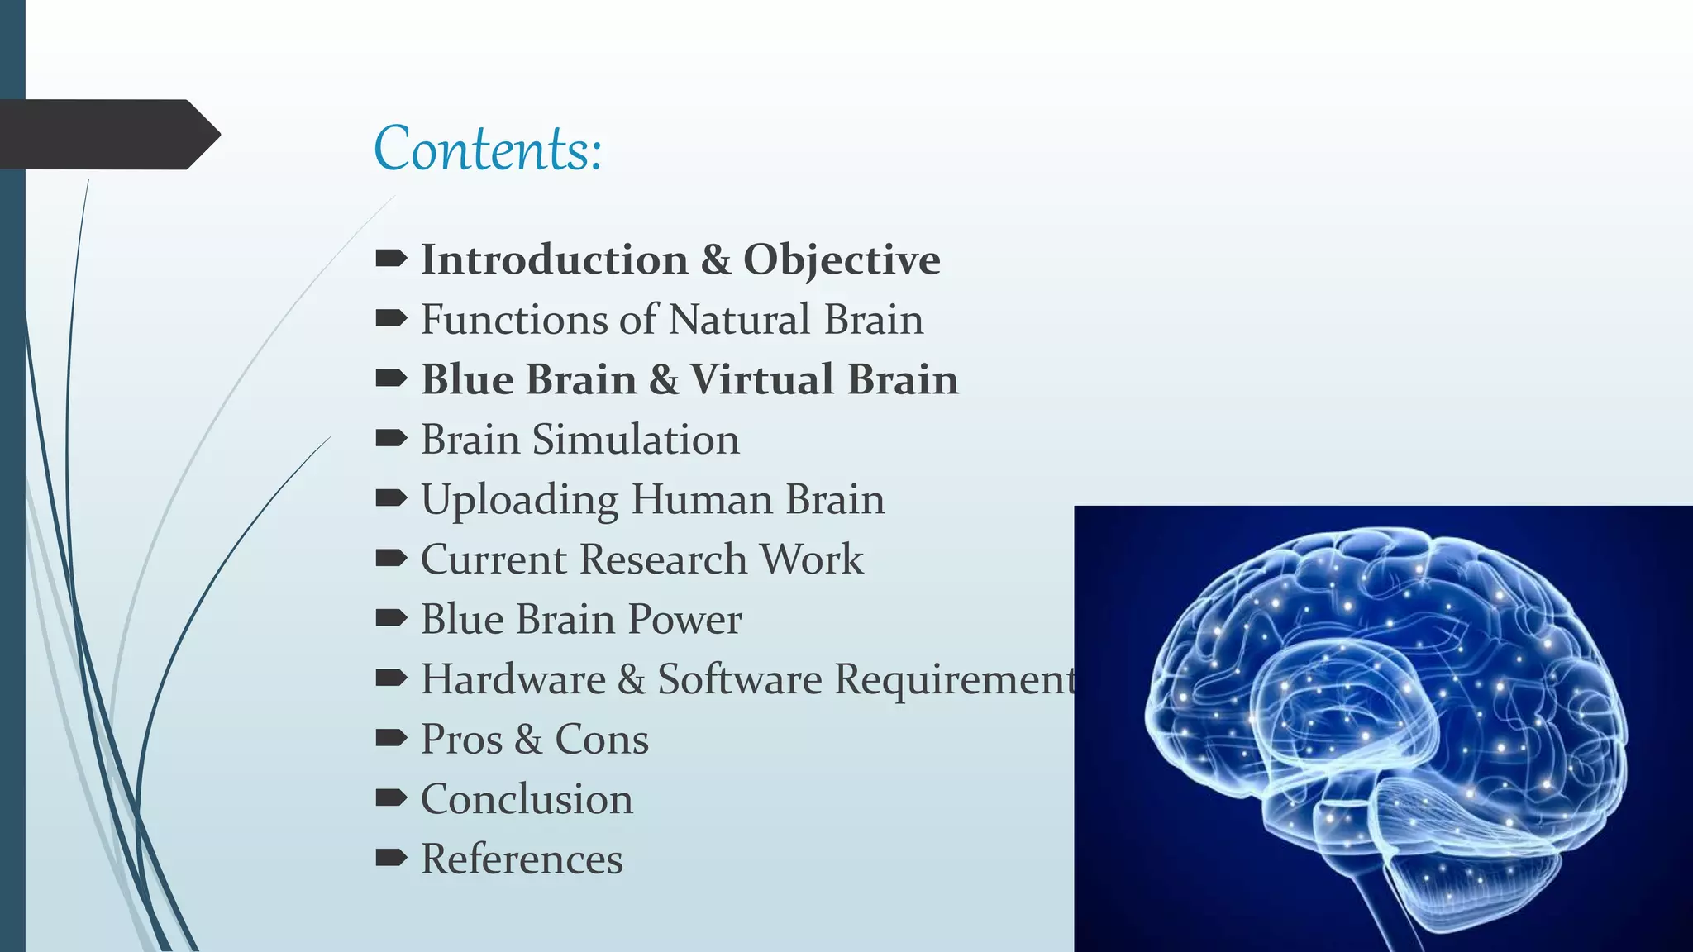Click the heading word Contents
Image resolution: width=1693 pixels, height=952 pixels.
click(x=487, y=149)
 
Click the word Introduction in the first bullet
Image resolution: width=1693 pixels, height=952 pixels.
click(x=554, y=259)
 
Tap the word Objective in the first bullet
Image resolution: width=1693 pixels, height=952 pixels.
click(x=841, y=261)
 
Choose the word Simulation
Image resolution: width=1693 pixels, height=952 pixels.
click(x=635, y=439)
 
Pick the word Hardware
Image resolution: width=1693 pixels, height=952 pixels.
click(x=513, y=678)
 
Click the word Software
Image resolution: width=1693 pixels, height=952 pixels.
click(x=739, y=678)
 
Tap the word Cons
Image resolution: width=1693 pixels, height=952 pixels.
click(x=601, y=739)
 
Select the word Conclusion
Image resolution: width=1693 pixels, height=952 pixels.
click(x=527, y=799)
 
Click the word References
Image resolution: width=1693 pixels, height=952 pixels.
click(x=522, y=859)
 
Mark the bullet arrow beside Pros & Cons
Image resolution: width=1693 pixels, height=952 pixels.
click(x=391, y=738)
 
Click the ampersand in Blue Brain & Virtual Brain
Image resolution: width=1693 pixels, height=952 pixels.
click(x=663, y=379)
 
